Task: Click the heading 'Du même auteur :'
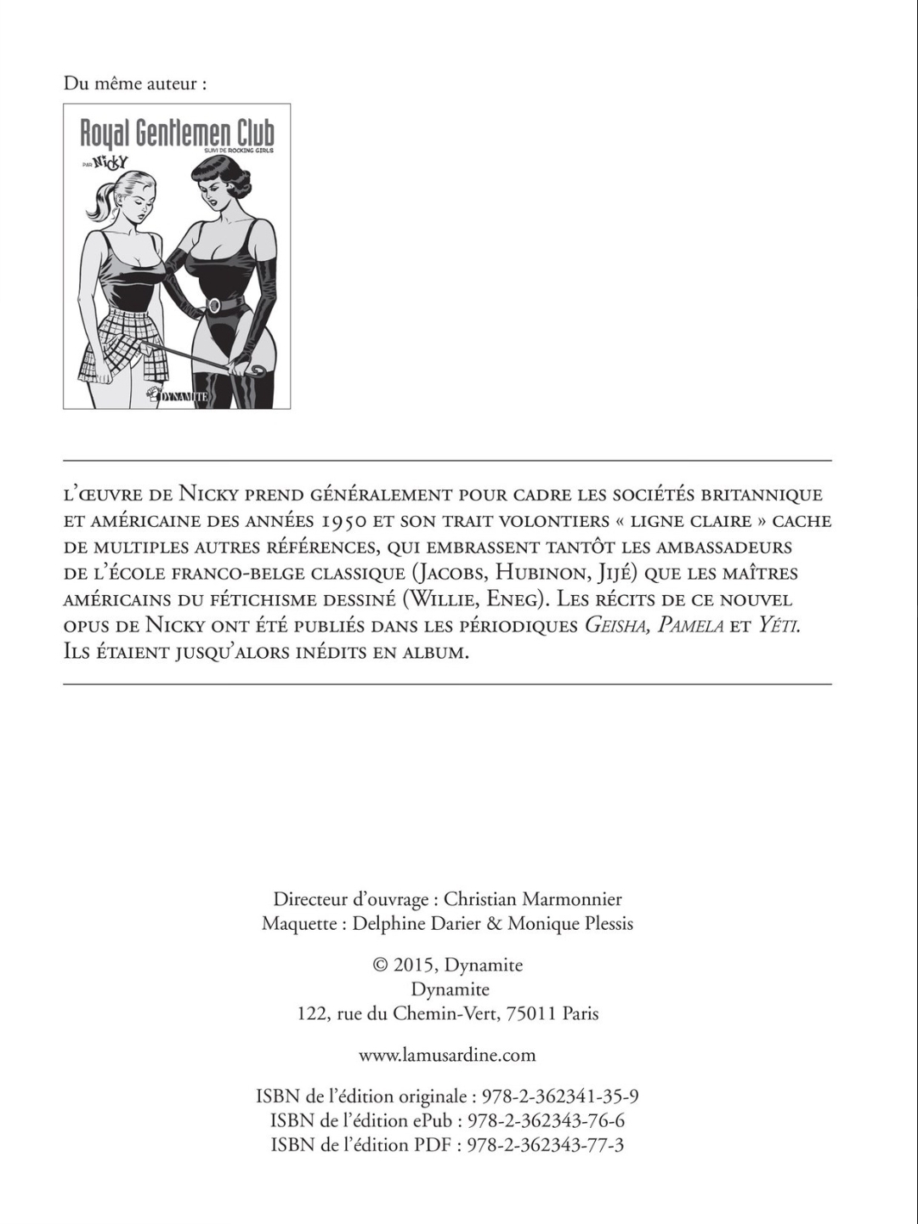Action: point(135,84)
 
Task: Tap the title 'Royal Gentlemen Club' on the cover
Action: point(177,133)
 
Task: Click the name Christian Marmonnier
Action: point(533,899)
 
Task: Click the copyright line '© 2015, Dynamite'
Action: point(448,966)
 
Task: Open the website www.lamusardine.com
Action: point(448,1056)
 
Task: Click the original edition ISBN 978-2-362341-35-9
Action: point(560,1097)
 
